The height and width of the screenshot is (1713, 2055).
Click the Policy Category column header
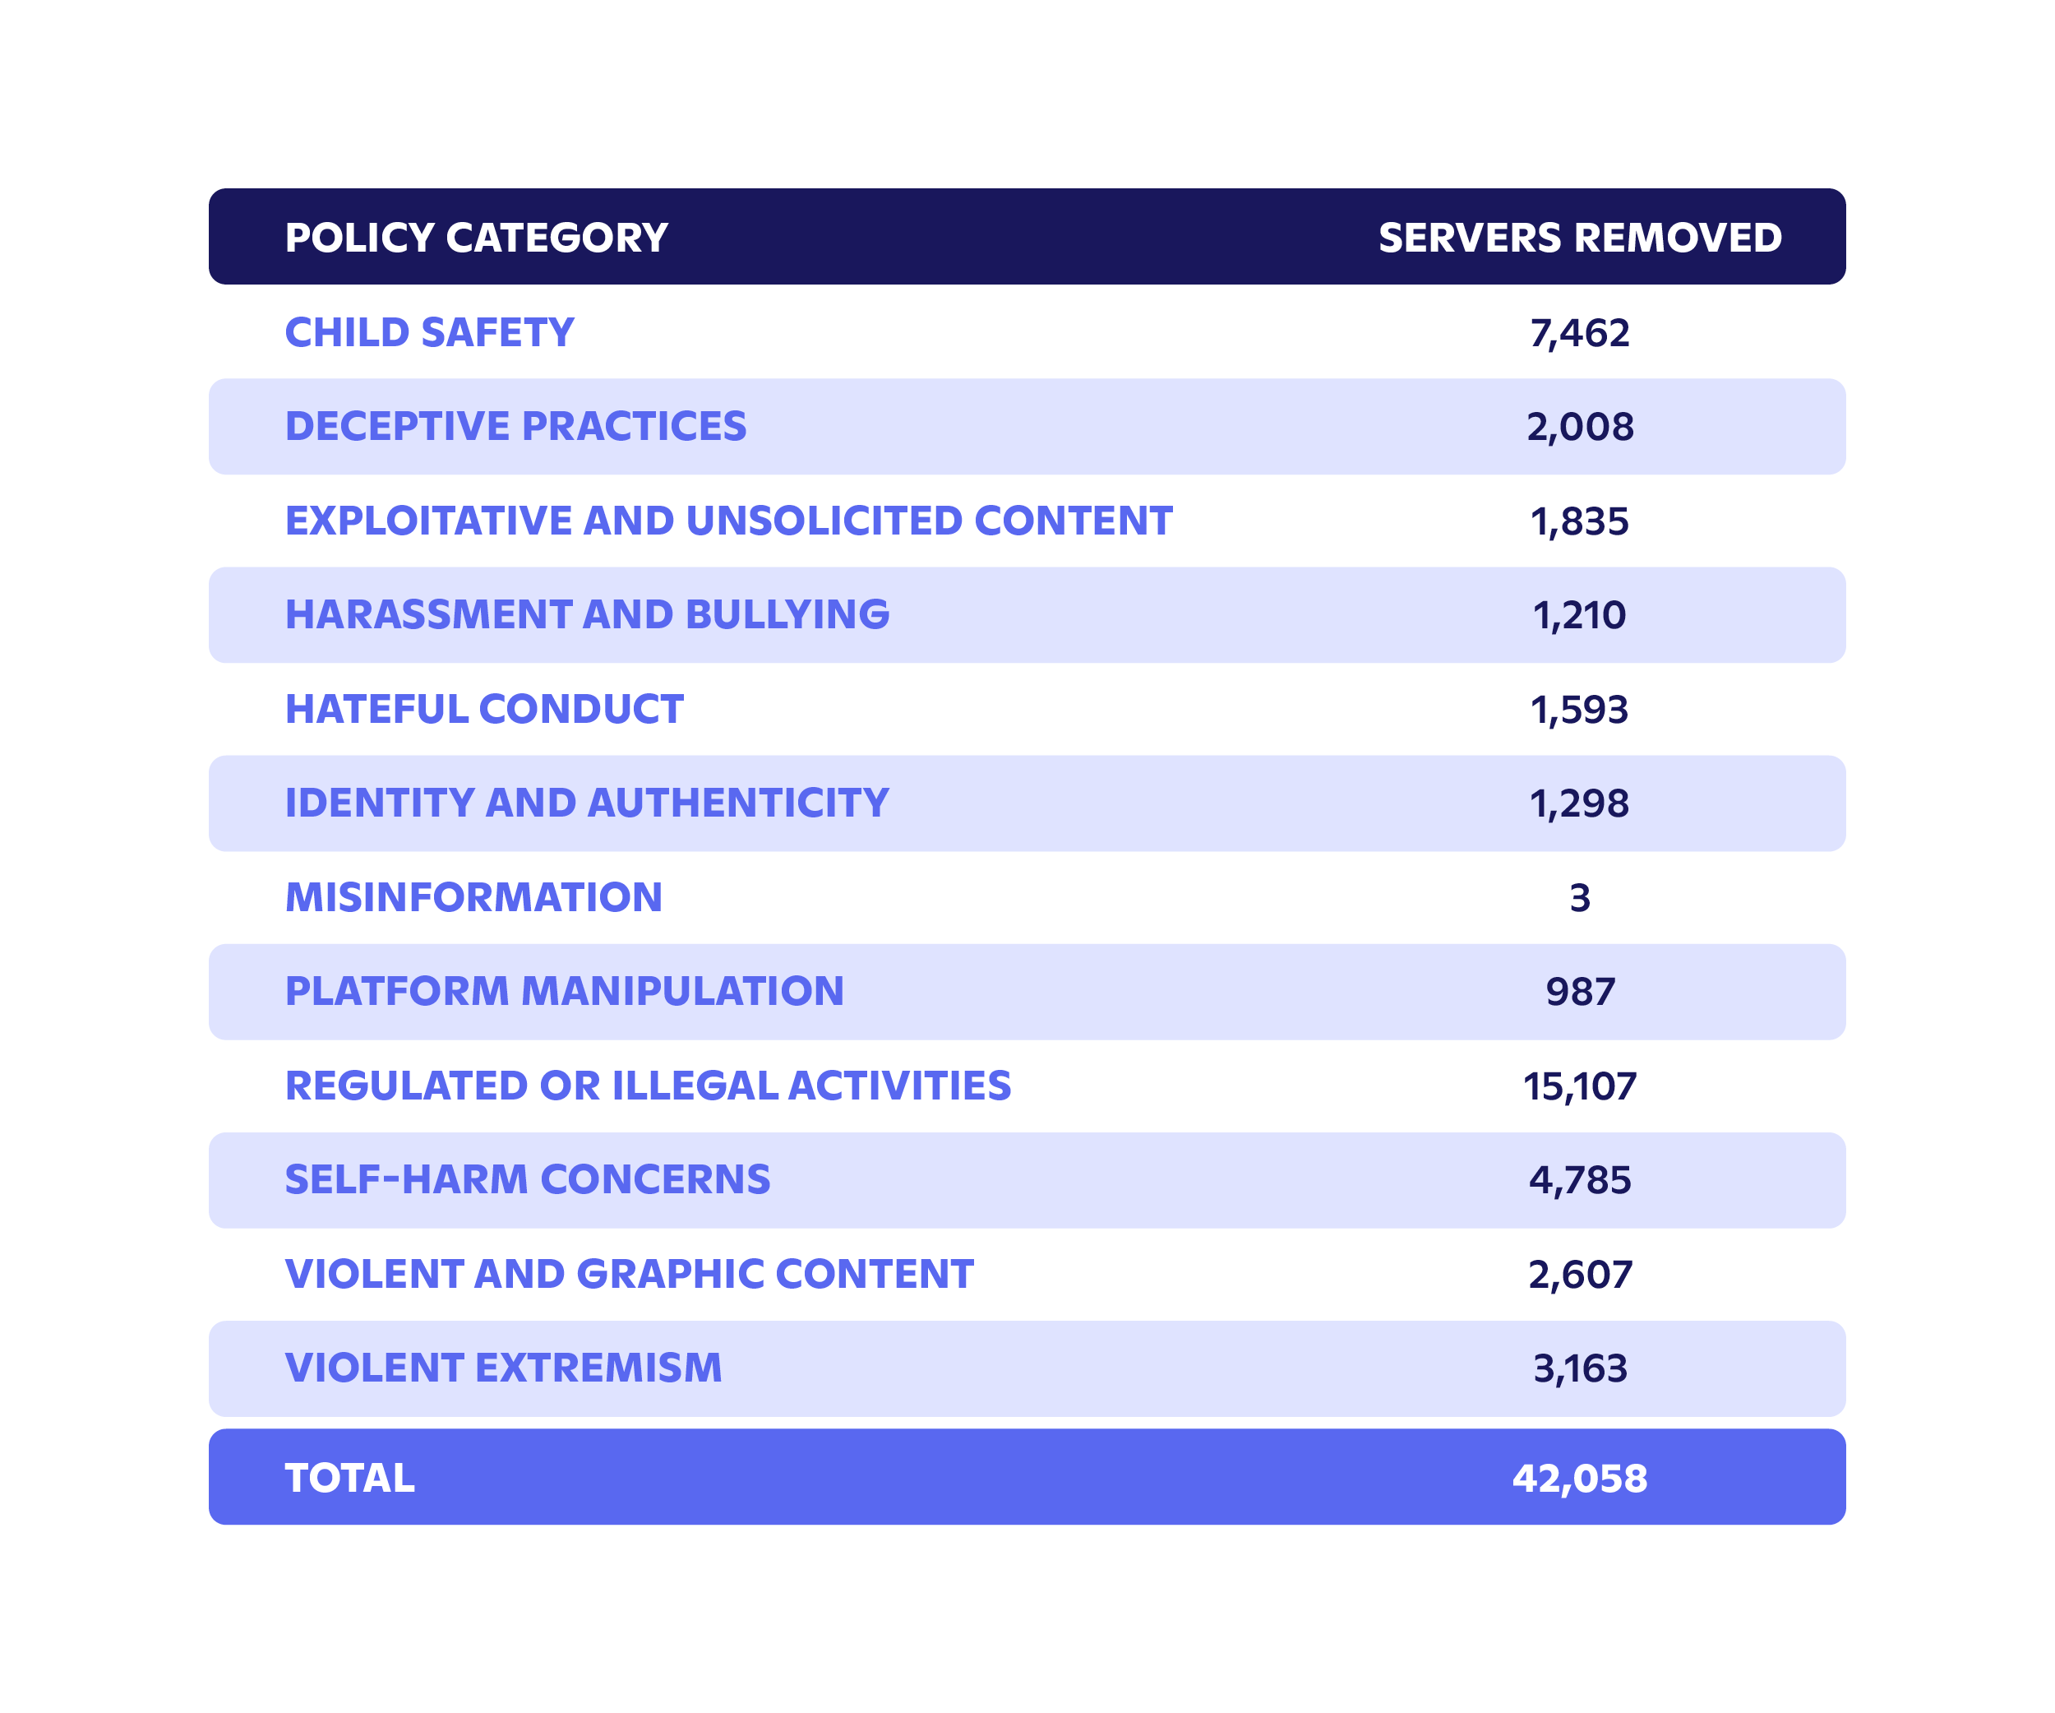476,238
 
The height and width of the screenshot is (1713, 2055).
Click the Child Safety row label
428,333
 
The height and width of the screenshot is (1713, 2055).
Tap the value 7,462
1579,334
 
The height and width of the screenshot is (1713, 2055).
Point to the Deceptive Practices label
515,427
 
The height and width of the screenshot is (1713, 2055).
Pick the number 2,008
1579,428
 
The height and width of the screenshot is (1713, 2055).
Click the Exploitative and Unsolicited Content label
728,521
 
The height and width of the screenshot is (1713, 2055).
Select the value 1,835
1579,521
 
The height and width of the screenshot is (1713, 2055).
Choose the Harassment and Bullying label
587,614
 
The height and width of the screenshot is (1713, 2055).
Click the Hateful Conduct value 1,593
1579,710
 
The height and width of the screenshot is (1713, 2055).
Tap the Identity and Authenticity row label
586,803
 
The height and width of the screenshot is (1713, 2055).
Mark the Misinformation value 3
1579,897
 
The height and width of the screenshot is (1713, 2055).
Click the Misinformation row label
473,897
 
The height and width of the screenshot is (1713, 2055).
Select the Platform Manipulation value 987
1579,992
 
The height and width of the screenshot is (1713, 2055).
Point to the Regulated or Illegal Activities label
648,1086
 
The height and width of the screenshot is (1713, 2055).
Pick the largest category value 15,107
1579,1086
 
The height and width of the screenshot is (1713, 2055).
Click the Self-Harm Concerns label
528,1179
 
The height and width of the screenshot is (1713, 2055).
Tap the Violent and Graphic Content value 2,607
1579,1275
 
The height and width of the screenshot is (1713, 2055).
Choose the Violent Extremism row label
503,1368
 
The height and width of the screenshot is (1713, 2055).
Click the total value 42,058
1579,1478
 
